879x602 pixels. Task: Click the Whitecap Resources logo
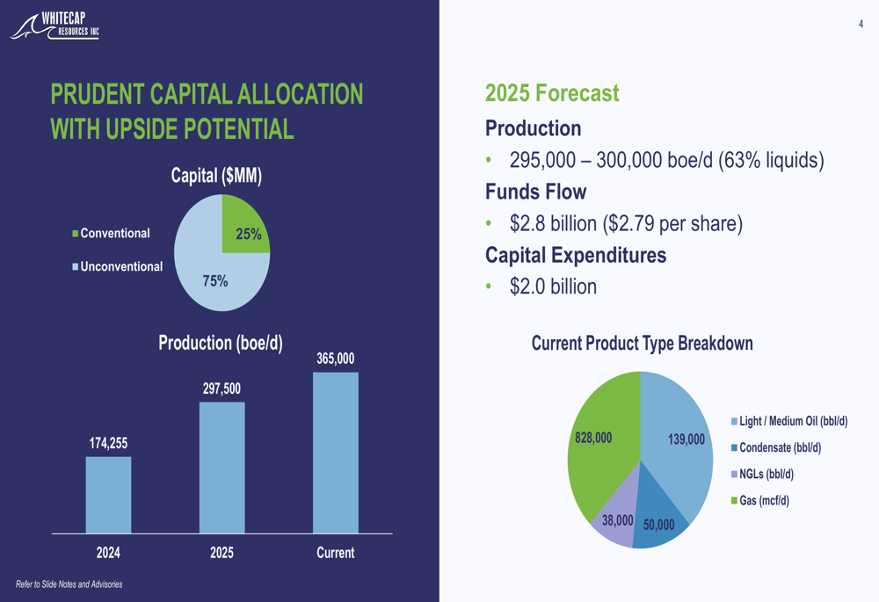pyautogui.click(x=55, y=26)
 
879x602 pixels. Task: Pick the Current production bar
pyautogui.click(x=335, y=453)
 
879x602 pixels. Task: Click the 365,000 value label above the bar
pyautogui.click(x=335, y=359)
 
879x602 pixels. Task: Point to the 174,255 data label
pyautogui.click(x=108, y=443)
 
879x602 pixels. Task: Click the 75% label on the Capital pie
pyautogui.click(x=215, y=281)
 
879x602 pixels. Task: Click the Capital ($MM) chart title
pyautogui.click(x=216, y=176)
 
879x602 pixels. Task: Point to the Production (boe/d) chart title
pyautogui.click(x=221, y=343)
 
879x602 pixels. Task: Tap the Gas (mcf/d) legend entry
pyautogui.click(x=763, y=501)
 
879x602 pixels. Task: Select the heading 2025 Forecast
pyautogui.click(x=552, y=93)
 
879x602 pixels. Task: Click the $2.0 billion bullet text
pyautogui.click(x=553, y=286)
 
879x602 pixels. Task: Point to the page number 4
pyautogui.click(x=861, y=25)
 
